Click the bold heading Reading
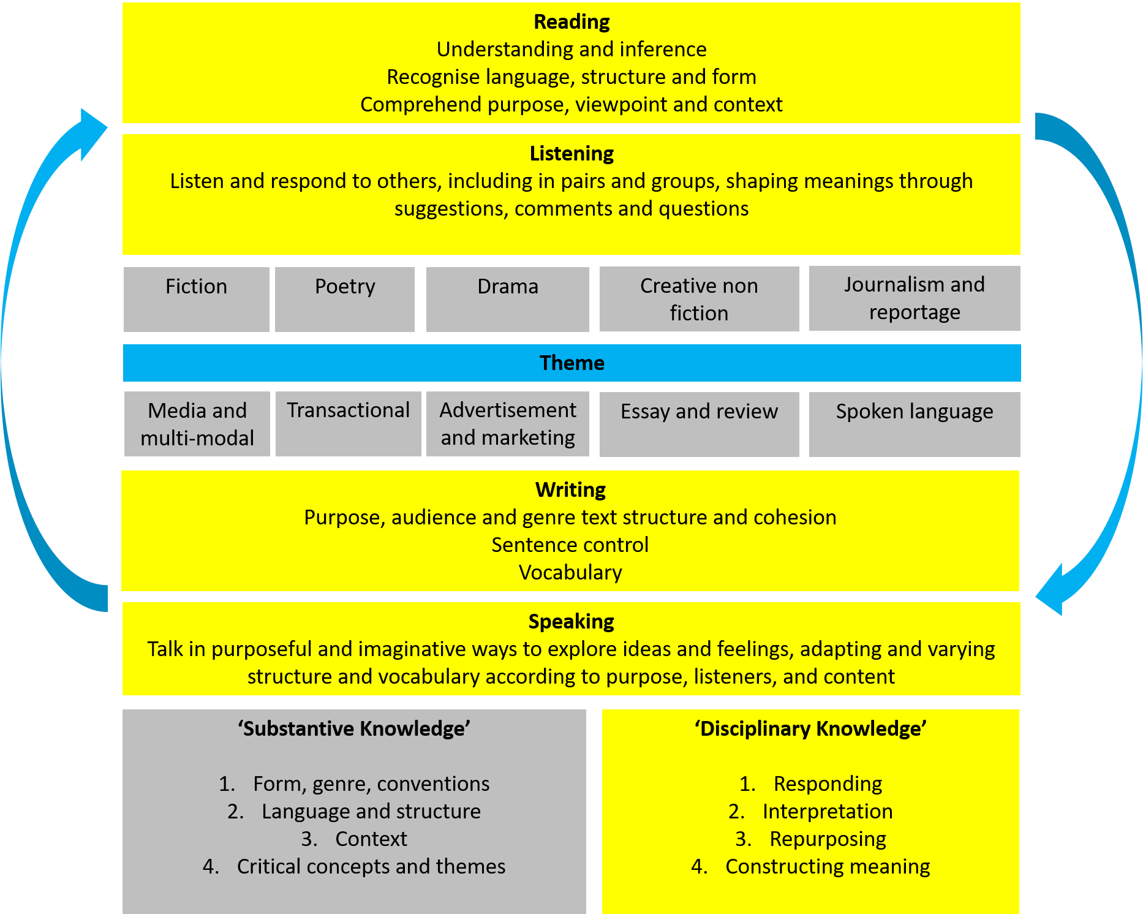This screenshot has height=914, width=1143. (571, 22)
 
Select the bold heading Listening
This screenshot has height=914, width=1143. (571, 154)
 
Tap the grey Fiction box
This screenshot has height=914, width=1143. (196, 299)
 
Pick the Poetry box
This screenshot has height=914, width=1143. (345, 299)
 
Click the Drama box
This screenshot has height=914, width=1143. (508, 299)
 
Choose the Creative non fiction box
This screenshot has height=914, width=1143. (699, 299)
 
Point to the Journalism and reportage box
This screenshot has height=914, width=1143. (915, 298)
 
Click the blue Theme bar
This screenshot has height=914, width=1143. (571, 363)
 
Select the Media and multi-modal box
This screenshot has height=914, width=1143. (197, 424)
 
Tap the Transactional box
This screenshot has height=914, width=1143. (348, 423)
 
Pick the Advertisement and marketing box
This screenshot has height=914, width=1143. (508, 424)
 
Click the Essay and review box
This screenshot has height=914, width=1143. (699, 424)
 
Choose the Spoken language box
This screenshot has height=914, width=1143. (915, 424)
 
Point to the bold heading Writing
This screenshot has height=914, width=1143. (570, 490)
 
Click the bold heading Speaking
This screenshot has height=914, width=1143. (571, 622)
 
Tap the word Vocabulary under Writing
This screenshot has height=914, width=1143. (570, 573)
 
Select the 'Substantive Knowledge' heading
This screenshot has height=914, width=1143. (354, 729)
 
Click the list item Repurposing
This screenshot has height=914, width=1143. (828, 839)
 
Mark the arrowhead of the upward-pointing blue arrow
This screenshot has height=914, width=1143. (92, 132)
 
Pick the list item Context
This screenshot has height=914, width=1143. (371, 839)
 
